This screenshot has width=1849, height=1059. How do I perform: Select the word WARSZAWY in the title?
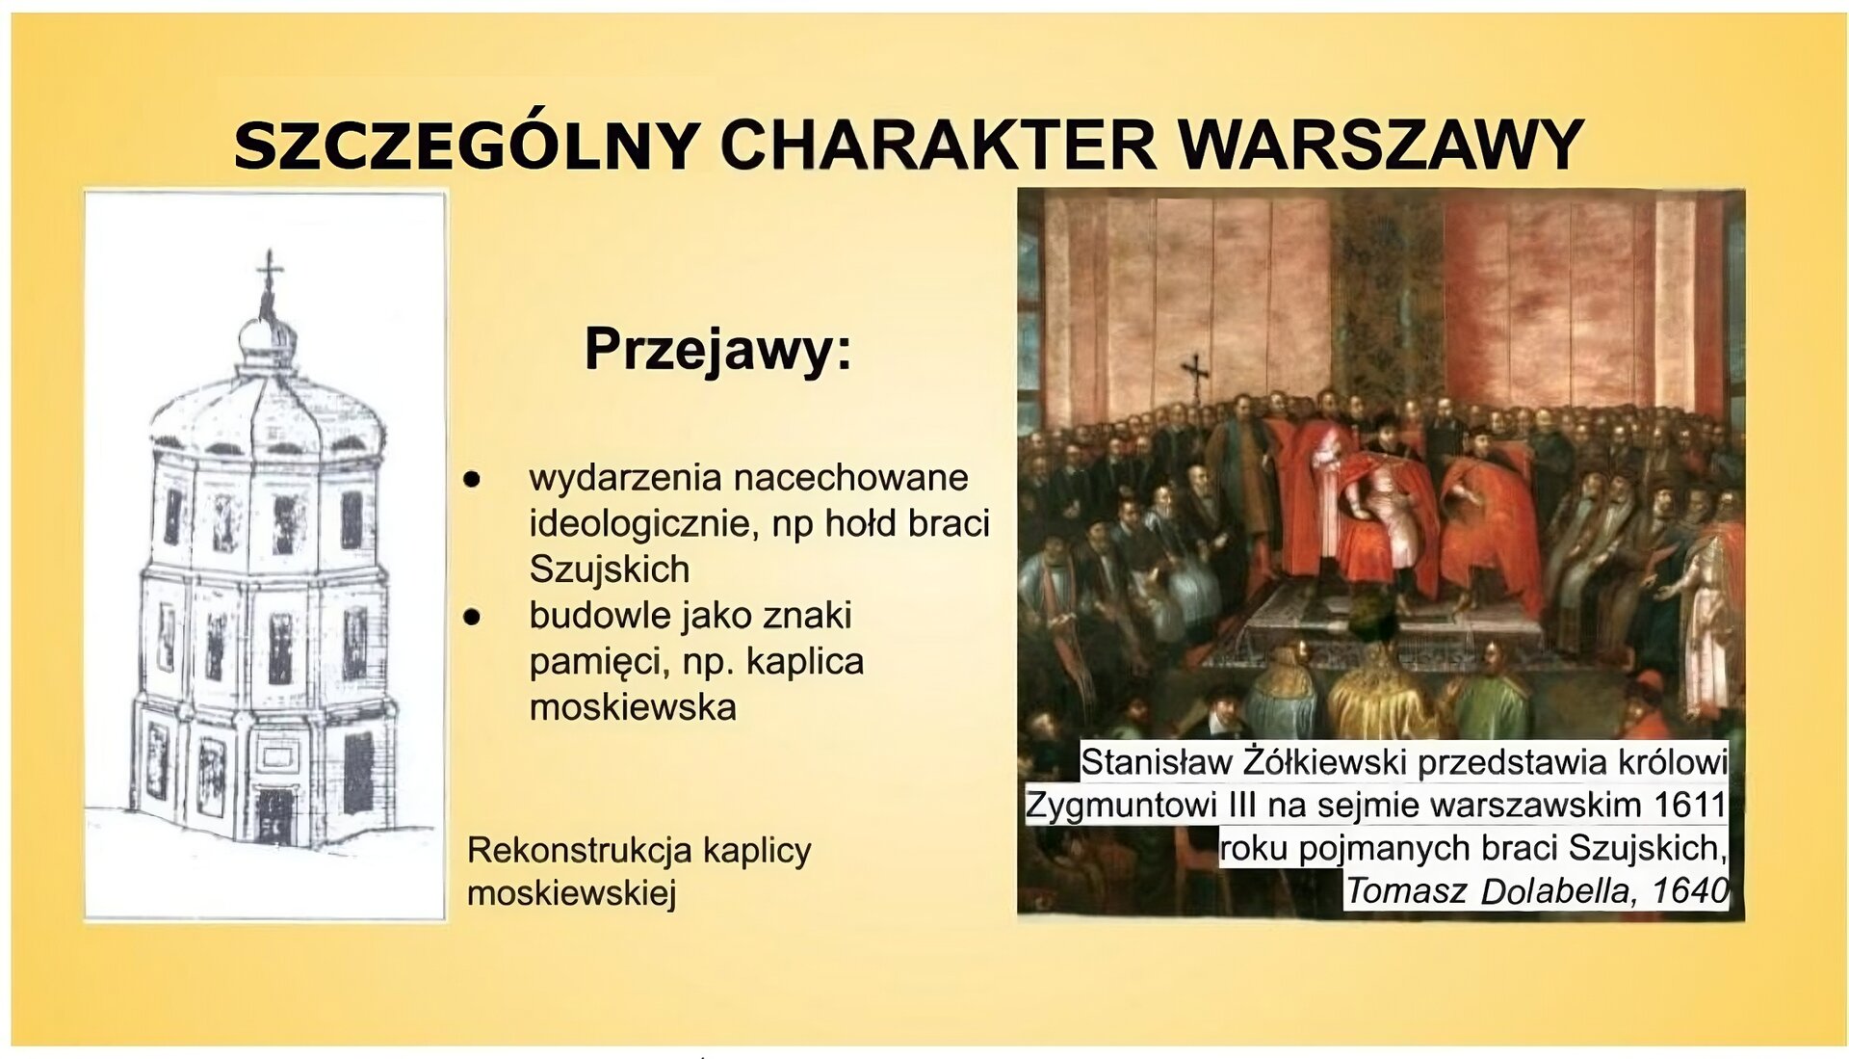(1381, 146)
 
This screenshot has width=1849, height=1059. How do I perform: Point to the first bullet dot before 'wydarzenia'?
(472, 479)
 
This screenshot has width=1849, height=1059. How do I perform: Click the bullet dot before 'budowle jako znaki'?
(472, 617)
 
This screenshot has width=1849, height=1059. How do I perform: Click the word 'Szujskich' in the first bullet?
(610, 569)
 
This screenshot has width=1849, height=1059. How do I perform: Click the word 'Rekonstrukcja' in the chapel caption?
(580, 851)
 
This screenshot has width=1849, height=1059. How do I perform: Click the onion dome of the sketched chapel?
(267, 337)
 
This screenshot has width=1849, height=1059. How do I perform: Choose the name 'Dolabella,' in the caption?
(1554, 891)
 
